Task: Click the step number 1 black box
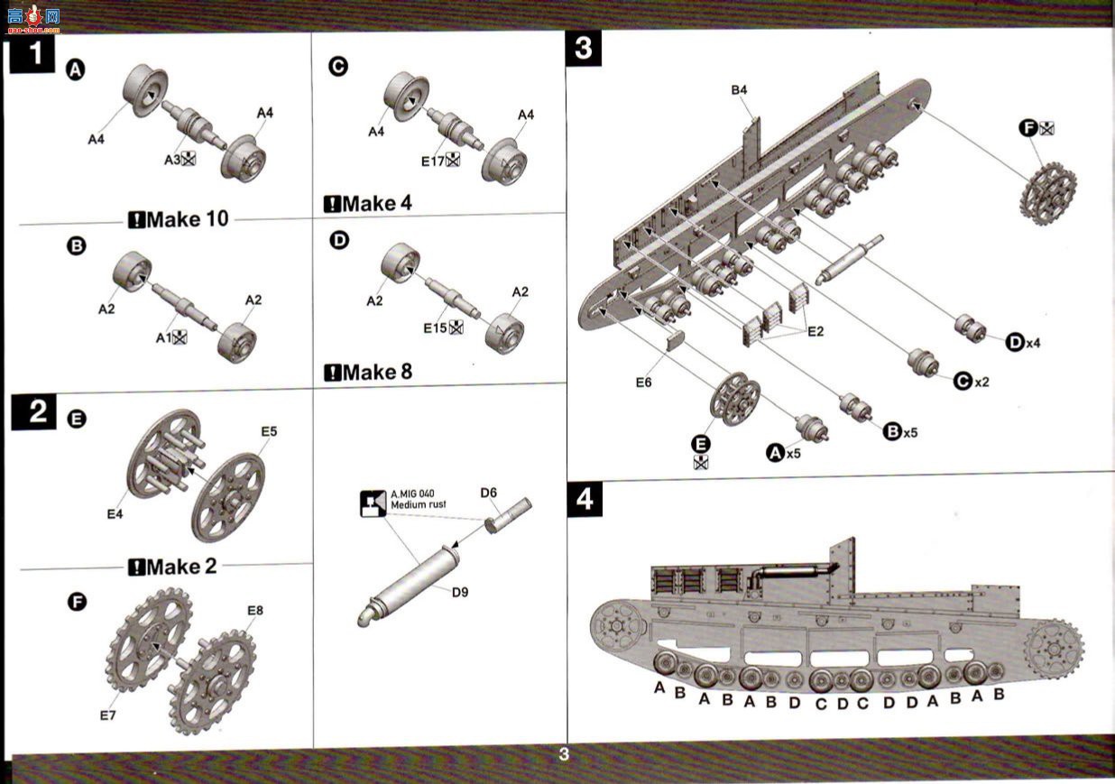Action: [x=32, y=55]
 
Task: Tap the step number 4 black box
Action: [x=585, y=498]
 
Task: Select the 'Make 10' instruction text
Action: [x=179, y=219]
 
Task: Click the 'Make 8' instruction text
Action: [x=368, y=372]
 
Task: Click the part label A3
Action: [x=172, y=160]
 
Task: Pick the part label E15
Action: [x=435, y=328]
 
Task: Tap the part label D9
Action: [x=460, y=593]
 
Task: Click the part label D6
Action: [x=488, y=493]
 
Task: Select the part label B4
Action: [x=739, y=90]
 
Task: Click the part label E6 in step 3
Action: [x=643, y=383]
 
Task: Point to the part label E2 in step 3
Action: [x=816, y=331]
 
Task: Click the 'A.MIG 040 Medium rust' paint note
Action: [x=419, y=499]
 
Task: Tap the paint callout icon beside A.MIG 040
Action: [x=373, y=503]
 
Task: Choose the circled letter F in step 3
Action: [x=1027, y=128]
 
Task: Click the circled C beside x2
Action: [x=963, y=382]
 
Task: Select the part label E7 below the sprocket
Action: [x=108, y=715]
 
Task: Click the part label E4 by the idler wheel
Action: [x=115, y=513]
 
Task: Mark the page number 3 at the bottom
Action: [x=564, y=754]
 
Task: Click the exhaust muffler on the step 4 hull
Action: [x=790, y=573]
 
